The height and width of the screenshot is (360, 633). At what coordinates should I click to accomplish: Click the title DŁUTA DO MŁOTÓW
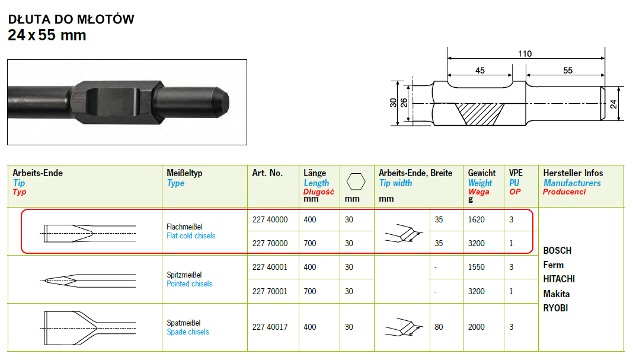click(71, 19)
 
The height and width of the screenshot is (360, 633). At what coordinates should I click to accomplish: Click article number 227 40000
click(270, 219)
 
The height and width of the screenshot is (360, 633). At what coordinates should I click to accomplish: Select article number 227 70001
click(270, 291)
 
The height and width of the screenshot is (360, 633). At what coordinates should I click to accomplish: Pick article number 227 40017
click(270, 327)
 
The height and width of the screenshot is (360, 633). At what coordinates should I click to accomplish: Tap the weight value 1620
click(476, 219)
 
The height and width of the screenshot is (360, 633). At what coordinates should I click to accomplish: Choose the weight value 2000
click(476, 327)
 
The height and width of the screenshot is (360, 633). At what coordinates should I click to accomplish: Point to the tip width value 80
click(439, 327)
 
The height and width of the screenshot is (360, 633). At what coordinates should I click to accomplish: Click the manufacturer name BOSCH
click(557, 250)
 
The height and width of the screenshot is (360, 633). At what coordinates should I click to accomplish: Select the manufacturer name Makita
click(557, 294)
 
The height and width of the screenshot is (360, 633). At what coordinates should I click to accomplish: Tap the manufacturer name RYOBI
click(555, 308)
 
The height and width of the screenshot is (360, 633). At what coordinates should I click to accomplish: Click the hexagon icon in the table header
click(356, 181)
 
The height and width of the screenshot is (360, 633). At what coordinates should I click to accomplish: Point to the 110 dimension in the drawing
click(525, 53)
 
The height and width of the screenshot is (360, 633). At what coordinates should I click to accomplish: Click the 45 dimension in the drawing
click(479, 70)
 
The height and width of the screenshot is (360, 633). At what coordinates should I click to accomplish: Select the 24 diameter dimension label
click(613, 104)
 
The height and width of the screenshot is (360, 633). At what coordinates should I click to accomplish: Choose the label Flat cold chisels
click(191, 236)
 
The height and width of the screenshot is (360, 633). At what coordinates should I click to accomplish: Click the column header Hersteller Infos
click(573, 173)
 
